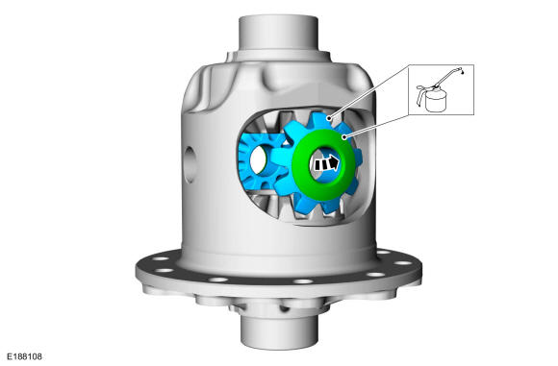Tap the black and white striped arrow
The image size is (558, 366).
[326, 164]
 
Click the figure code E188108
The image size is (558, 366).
[25, 356]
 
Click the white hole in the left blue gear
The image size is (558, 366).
[259, 159]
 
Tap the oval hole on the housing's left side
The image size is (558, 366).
[190, 165]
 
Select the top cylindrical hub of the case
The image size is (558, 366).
[278, 34]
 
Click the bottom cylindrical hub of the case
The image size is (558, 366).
[279, 332]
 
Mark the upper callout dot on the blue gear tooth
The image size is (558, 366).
[330, 118]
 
